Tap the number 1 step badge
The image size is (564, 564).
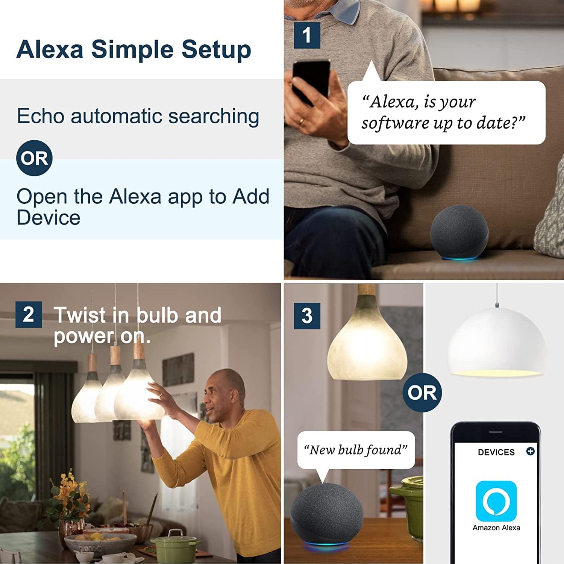[307, 35]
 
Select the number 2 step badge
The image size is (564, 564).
[29, 314]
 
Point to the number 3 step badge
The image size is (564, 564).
[307, 316]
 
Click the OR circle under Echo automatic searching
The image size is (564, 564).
[34, 158]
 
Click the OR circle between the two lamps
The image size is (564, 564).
[422, 393]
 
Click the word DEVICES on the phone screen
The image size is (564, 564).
[496, 452]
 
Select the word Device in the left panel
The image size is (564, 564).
[49, 218]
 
